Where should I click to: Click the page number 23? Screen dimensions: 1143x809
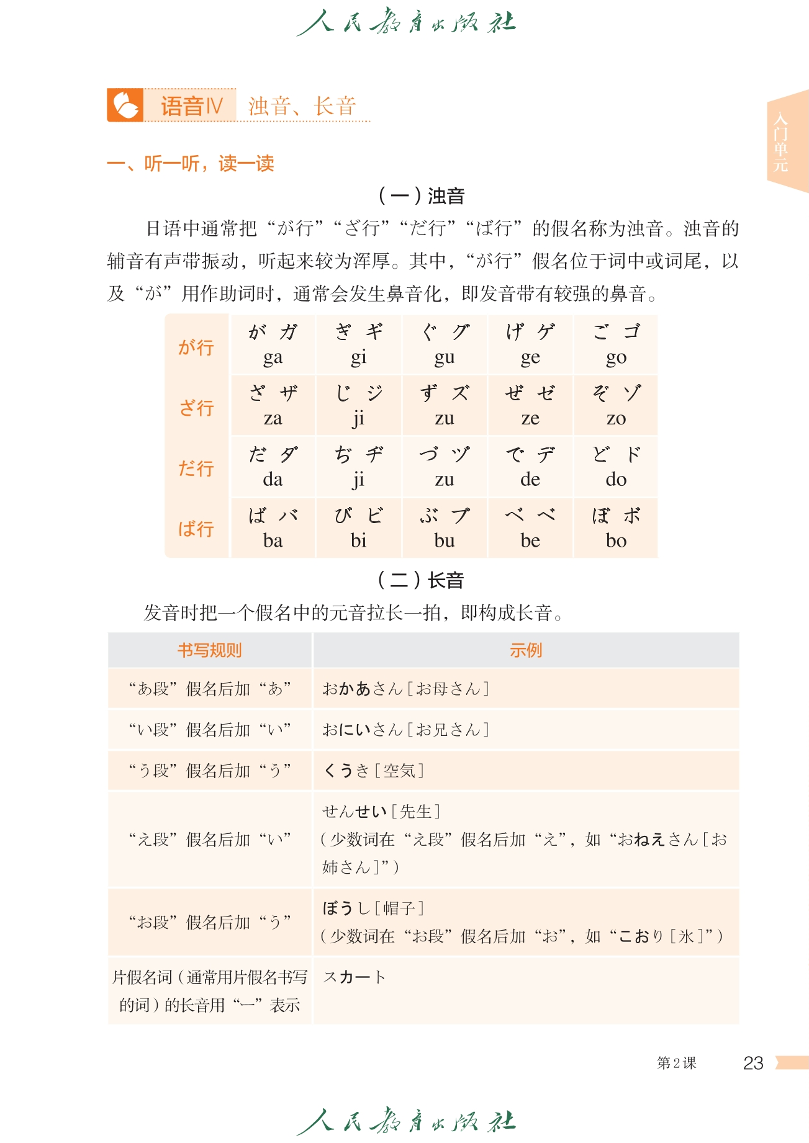coord(753,1063)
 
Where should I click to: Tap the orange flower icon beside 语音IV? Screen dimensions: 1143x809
coord(125,105)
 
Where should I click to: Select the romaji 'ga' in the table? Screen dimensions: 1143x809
coord(273,357)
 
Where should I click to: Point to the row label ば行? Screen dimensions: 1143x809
coord(196,529)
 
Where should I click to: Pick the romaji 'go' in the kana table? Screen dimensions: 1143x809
coord(616,357)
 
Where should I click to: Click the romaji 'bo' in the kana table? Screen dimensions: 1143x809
coord(616,540)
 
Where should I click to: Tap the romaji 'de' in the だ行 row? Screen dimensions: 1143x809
coord(530,479)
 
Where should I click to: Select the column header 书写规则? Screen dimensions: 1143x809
coord(209,650)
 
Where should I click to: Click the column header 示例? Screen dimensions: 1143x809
coord(526,650)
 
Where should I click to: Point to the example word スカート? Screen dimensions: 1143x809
coord(355,977)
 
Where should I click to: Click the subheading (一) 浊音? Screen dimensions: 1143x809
coord(422,196)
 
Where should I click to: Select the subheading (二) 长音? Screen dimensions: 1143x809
coord(422,580)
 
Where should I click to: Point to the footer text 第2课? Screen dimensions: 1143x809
coord(676,1063)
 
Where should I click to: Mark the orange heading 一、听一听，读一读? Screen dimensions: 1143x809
coord(191,163)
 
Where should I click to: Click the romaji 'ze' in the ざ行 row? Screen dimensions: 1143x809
coord(530,418)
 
